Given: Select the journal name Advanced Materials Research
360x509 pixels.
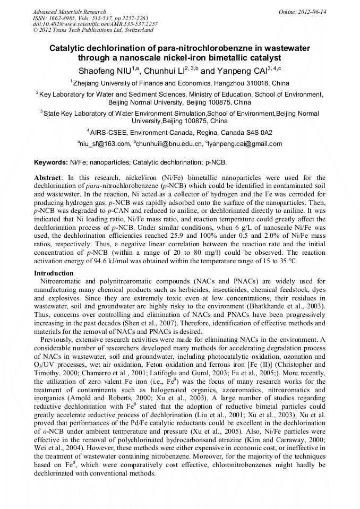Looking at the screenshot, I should coord(69,12).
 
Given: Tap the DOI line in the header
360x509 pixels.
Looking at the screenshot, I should coord(95,24).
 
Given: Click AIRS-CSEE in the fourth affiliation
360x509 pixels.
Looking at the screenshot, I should coord(109,132).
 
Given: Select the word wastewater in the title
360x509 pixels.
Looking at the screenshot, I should coord(284,48).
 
